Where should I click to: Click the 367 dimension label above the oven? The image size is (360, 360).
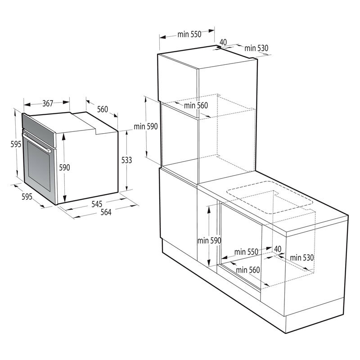48,103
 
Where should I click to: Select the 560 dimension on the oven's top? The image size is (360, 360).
103,109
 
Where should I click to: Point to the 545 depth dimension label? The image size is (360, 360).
97,204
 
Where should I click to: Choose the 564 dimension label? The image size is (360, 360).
105,213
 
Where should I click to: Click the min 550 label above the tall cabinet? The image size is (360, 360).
189,34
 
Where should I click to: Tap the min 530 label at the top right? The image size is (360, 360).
256,48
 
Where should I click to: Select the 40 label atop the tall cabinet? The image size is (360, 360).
223,42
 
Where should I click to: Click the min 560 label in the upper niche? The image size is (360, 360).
196,106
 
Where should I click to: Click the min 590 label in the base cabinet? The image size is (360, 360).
209,241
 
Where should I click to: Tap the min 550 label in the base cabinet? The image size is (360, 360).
246,252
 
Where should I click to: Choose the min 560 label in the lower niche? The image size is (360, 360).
248,270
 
